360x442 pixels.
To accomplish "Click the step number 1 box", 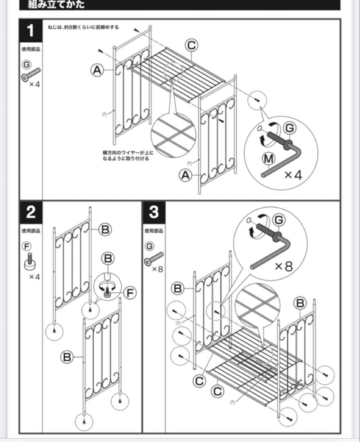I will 30,31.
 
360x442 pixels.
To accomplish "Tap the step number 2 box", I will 30,212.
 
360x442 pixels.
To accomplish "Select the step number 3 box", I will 153,212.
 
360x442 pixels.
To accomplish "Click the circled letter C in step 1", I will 191,45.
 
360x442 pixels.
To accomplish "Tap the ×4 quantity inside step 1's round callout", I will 293,175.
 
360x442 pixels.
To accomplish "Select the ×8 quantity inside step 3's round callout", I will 283,266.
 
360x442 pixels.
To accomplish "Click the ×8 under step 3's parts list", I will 157,270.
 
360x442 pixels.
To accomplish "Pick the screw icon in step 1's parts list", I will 32,74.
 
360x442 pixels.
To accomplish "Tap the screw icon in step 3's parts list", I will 154,259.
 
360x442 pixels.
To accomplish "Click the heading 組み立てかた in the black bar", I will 56,5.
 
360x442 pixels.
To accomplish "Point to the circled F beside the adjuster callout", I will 130,293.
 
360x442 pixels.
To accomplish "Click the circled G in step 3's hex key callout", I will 279,220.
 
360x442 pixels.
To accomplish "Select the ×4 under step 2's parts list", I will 35,277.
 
